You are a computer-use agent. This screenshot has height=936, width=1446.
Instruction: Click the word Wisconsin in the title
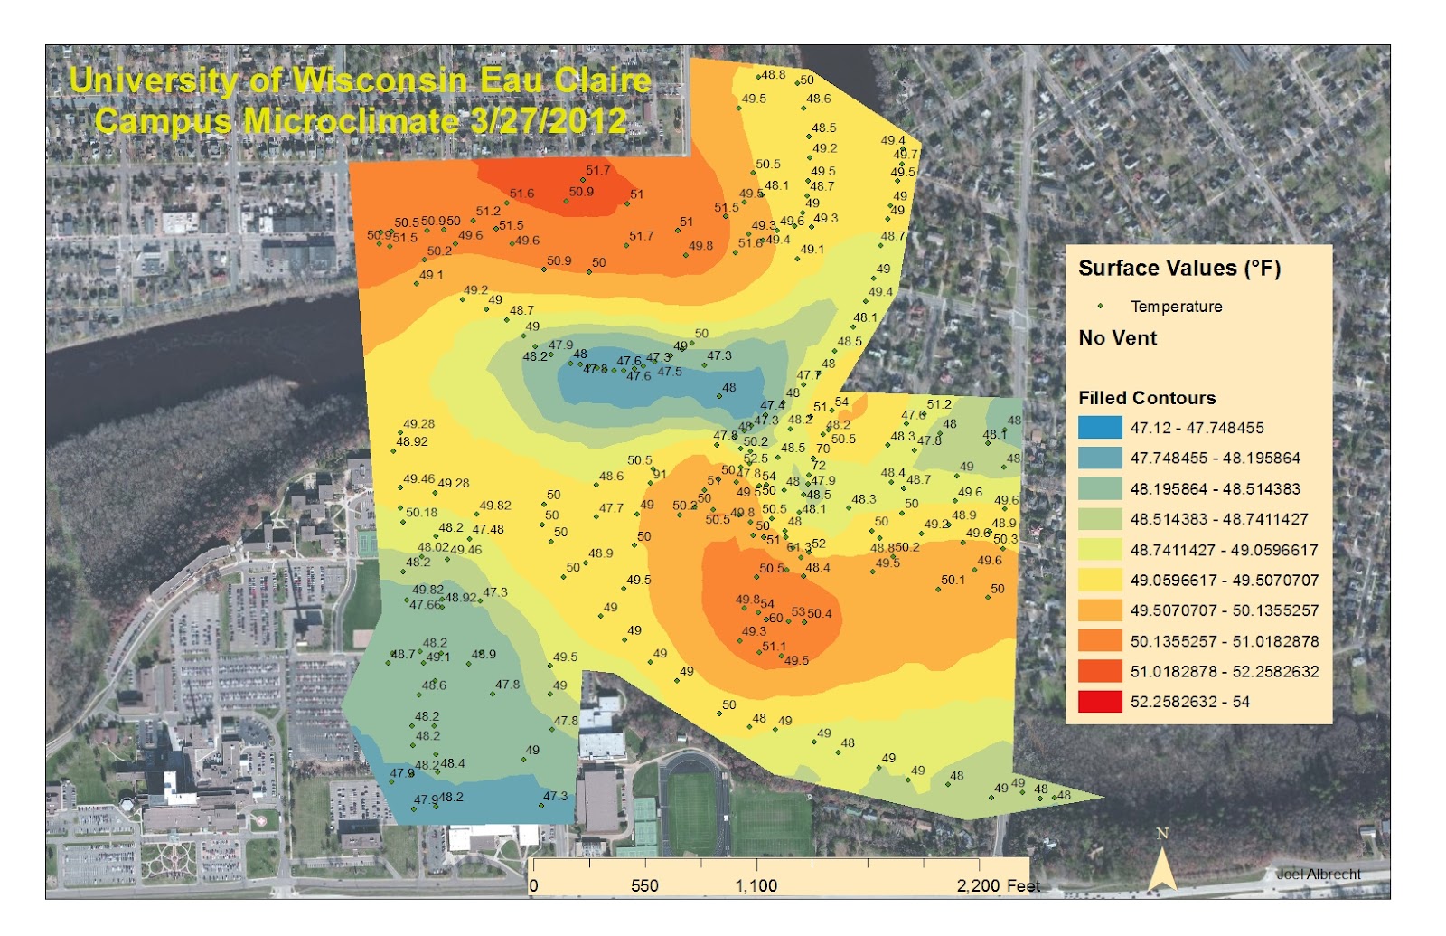(380, 80)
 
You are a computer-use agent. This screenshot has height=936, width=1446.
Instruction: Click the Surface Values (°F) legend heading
(1178, 269)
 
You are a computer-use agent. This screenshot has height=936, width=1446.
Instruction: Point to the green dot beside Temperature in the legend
(1100, 307)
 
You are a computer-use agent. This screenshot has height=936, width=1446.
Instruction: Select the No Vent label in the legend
(1117, 338)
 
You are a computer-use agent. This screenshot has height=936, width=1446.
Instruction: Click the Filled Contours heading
(1146, 398)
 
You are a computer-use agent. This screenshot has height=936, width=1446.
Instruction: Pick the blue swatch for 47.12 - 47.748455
(1099, 428)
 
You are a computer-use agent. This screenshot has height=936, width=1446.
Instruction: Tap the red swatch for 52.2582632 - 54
(1099, 702)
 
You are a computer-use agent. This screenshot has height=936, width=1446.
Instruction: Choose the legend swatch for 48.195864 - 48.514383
(1099, 489)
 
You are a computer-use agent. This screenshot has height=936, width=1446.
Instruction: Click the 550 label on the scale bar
(644, 885)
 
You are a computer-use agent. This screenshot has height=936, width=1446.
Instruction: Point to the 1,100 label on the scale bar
(756, 885)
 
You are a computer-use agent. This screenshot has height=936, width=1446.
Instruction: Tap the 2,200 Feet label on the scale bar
(998, 885)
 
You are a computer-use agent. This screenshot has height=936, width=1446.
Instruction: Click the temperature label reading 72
(819, 466)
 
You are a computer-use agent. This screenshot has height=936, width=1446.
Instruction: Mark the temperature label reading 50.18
(421, 513)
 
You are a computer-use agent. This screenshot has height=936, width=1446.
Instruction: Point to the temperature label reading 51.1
(774, 647)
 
